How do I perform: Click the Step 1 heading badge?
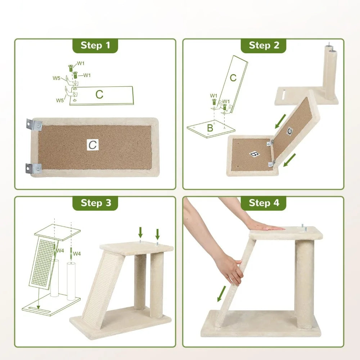click(95, 45)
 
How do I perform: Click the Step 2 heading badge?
click(264, 45)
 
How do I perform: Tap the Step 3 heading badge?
click(95, 203)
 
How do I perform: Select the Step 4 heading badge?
click(264, 203)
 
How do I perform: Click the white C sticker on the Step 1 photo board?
click(93, 145)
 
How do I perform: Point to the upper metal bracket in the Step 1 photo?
click(34, 125)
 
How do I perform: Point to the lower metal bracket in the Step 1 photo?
click(33, 168)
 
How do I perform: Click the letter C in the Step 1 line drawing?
click(99, 94)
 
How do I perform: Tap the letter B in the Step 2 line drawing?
click(210, 128)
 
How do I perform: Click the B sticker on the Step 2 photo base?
click(255, 154)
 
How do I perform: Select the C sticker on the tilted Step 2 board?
click(290, 131)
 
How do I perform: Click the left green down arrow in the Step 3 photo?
click(140, 233)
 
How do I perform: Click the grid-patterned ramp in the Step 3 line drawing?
click(43, 263)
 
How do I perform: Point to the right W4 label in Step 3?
click(77, 254)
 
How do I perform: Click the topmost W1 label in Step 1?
click(81, 63)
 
